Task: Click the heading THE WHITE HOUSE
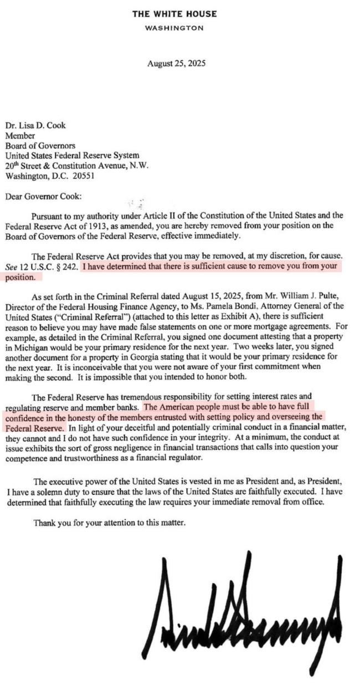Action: [x=174, y=14]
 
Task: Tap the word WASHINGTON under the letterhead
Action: [x=174, y=28]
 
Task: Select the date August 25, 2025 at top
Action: [x=176, y=63]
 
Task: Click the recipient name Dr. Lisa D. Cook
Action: [x=33, y=125]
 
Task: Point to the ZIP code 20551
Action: [x=84, y=176]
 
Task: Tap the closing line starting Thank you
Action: [x=110, y=522]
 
